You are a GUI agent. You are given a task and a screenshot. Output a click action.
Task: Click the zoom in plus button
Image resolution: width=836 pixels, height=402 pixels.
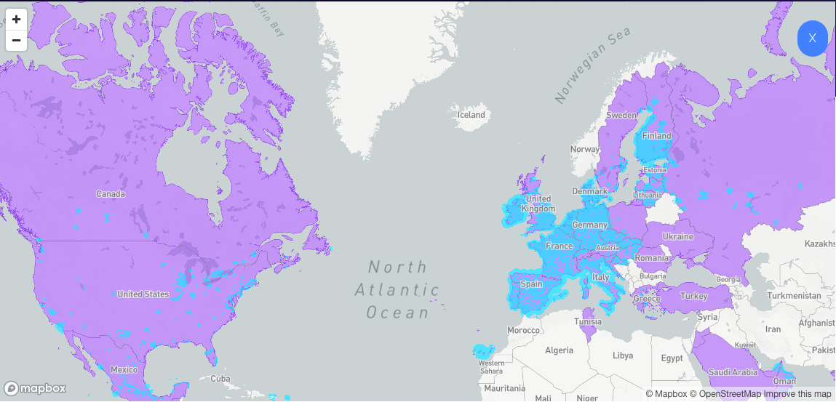point(16,19)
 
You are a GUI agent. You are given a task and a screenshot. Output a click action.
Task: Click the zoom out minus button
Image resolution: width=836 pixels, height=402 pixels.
point(16,40)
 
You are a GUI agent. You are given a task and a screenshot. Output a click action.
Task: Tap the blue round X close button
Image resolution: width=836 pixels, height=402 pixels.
point(813,38)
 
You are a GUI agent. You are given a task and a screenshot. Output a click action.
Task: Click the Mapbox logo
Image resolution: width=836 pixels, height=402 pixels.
point(36,388)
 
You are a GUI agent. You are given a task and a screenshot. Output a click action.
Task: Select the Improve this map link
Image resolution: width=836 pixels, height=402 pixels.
point(797,394)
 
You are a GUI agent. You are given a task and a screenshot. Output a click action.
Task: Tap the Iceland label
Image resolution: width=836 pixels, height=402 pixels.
point(471,115)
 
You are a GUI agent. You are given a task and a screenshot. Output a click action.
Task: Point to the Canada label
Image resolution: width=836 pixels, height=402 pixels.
point(111,194)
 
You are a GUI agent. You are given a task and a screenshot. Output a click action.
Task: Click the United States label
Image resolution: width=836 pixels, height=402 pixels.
point(143,294)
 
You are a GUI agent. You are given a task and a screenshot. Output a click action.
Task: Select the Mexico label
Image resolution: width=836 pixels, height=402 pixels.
point(124,369)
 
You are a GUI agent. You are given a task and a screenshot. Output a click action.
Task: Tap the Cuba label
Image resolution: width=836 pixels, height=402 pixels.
point(220,379)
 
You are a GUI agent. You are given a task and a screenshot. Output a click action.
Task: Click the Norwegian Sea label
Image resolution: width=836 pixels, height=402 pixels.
point(590,65)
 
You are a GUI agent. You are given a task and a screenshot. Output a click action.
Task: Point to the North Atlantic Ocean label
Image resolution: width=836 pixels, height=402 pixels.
point(397,289)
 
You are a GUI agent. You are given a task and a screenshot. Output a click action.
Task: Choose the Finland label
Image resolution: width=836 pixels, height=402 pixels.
point(657,136)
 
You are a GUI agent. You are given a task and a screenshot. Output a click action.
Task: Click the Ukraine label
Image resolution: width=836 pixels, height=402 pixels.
point(677,237)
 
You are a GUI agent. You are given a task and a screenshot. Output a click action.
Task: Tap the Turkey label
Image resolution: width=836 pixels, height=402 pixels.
point(693,296)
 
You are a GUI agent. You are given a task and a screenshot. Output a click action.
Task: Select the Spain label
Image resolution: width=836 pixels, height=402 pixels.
point(531,284)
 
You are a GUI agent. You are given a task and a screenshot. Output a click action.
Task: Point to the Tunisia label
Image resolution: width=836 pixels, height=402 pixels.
point(588,321)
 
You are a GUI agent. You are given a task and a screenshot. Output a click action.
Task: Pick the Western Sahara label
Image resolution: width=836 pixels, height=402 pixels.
point(492,367)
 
